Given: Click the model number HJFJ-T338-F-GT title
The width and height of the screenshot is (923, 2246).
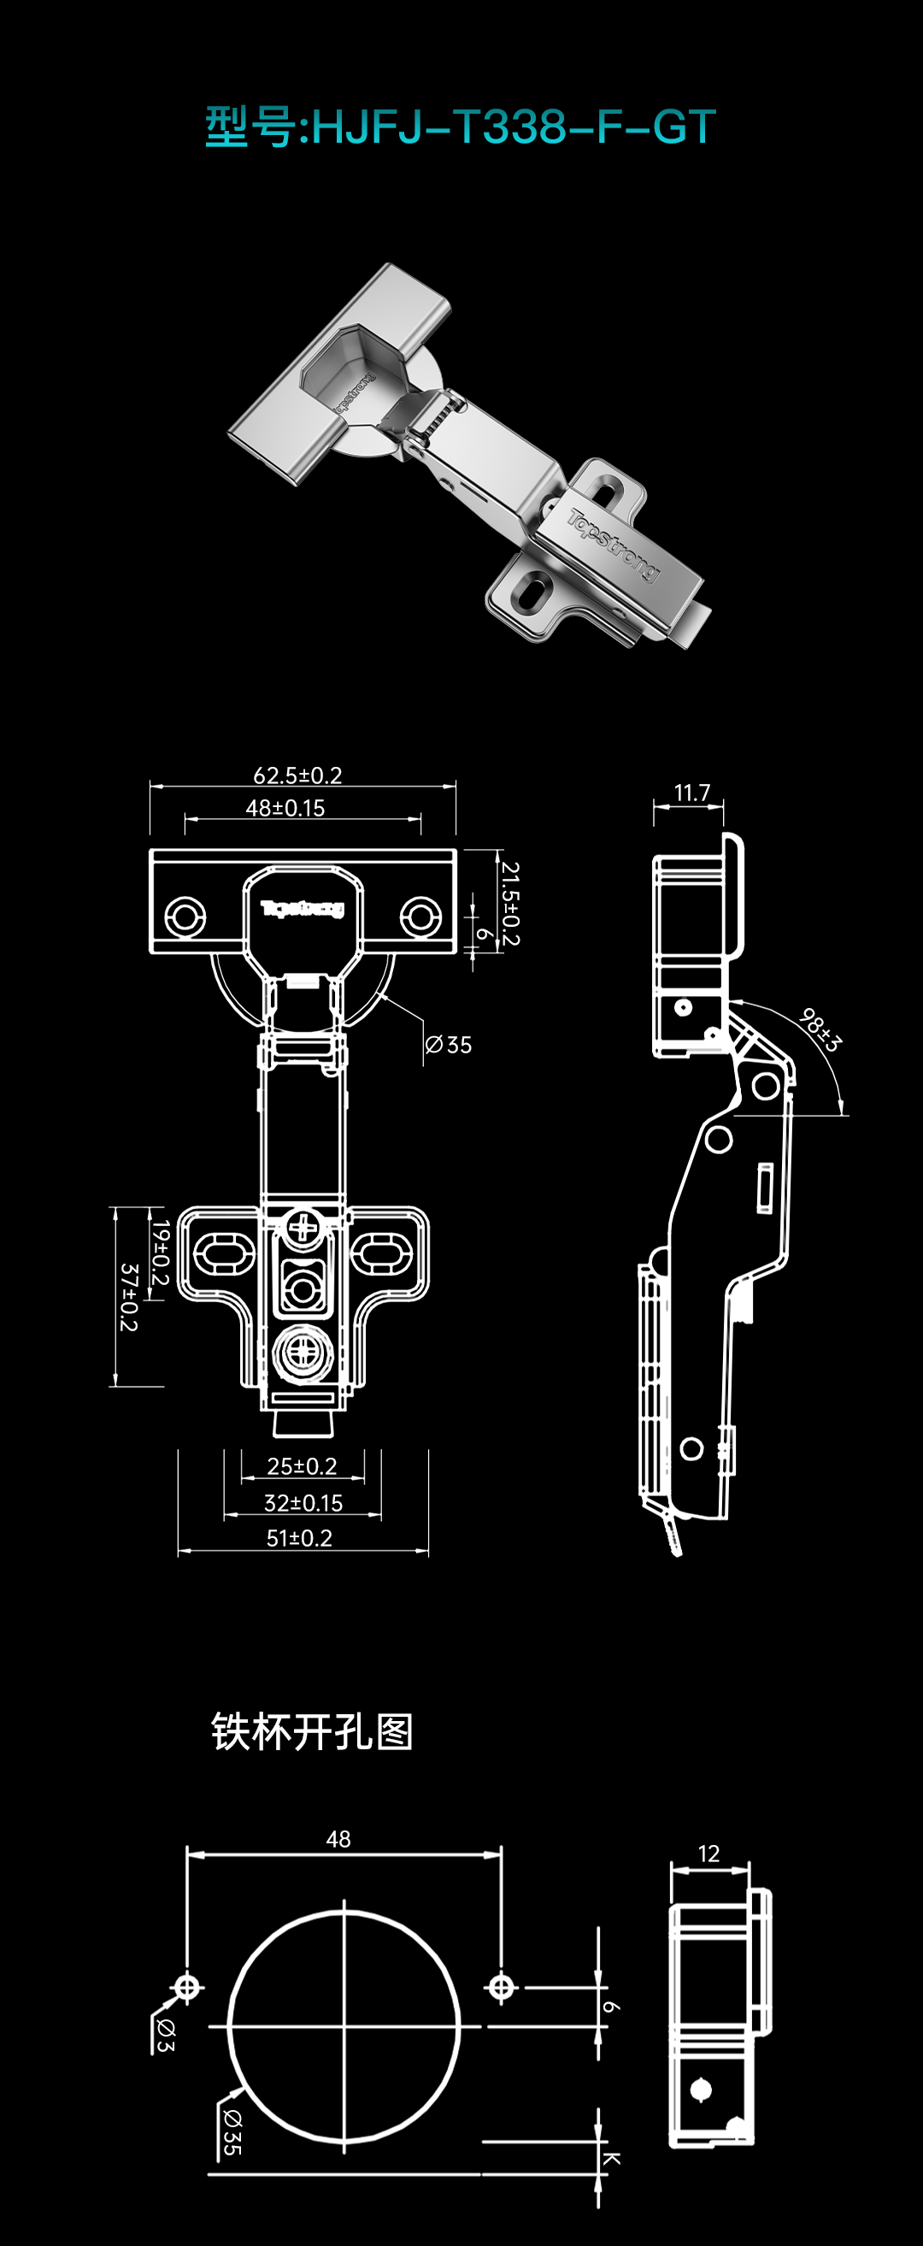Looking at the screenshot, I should (x=461, y=127).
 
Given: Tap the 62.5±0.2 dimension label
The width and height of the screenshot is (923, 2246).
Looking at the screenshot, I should (x=297, y=775).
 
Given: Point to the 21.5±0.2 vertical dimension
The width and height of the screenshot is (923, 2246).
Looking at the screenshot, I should (x=510, y=904).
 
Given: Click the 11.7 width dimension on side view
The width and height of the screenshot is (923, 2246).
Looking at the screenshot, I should (x=692, y=793).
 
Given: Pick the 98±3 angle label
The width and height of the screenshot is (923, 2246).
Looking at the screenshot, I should (x=820, y=1029).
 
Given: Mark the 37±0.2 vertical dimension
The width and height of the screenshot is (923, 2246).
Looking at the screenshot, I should (x=129, y=1296).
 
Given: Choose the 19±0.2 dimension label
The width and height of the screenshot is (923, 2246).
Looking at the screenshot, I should (x=159, y=1252).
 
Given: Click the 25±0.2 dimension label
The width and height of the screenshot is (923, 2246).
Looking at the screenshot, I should (x=302, y=1466).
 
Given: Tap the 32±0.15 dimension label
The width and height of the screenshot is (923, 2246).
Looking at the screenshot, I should (x=303, y=1503).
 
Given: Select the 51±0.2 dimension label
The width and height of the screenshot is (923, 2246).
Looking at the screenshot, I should (x=299, y=1538).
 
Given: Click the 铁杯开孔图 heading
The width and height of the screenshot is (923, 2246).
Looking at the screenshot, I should (x=312, y=1731).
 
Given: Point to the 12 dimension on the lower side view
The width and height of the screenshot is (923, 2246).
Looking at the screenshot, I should (x=708, y=1854).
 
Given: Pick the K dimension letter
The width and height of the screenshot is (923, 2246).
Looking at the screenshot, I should (x=611, y=2159).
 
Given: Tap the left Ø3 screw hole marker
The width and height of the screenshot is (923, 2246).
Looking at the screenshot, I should (x=186, y=1988).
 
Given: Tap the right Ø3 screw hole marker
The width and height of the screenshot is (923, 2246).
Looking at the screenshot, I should (x=501, y=1988).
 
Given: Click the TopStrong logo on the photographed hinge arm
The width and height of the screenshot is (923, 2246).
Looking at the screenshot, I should (x=614, y=545).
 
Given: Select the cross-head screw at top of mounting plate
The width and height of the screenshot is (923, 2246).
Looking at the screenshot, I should (x=303, y=1229).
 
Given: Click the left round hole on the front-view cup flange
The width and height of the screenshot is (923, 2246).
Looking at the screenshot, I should (x=185, y=917).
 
